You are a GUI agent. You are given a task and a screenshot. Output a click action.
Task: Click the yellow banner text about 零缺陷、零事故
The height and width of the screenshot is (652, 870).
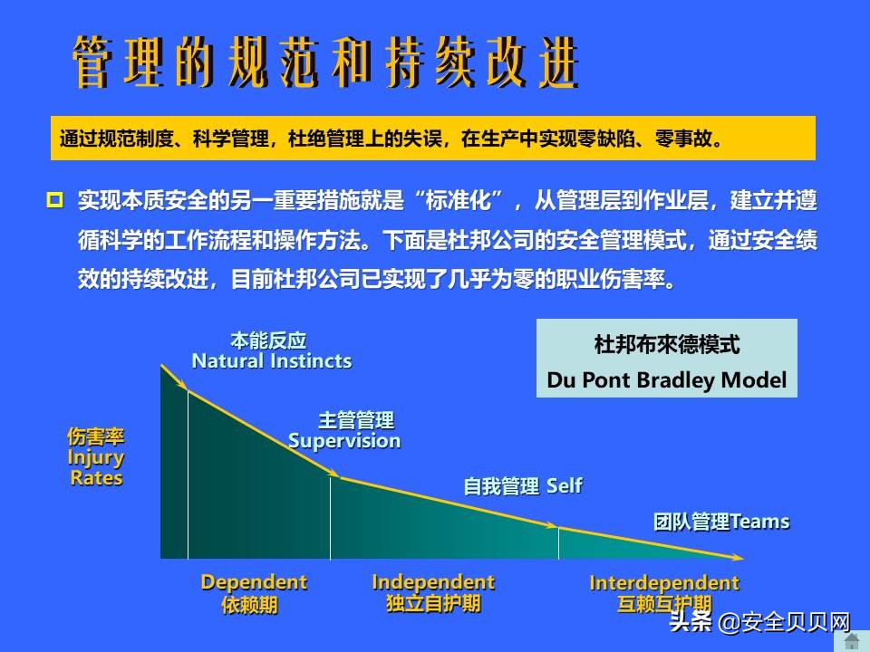(x=391, y=139)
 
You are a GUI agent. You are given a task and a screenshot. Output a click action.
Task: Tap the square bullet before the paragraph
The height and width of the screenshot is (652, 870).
(x=54, y=199)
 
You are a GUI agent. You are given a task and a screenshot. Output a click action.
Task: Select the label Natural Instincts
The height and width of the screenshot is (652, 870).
(x=271, y=361)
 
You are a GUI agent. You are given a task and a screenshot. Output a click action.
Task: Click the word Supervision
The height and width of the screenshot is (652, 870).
(x=344, y=441)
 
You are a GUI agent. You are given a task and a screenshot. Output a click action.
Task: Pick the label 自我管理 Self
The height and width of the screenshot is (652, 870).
(x=522, y=486)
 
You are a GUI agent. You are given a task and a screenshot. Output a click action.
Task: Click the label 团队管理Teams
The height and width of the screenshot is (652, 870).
(x=721, y=523)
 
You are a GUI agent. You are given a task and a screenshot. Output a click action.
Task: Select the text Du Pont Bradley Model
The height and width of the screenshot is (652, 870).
(x=667, y=380)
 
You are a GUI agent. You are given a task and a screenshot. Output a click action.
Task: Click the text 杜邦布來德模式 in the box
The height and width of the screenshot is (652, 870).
(x=667, y=345)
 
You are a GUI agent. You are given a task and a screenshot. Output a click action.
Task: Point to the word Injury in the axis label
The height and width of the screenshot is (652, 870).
(x=96, y=457)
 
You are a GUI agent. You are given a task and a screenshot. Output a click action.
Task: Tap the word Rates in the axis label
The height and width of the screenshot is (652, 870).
(x=96, y=478)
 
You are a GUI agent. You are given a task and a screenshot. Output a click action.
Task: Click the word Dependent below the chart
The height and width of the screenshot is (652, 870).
(x=254, y=582)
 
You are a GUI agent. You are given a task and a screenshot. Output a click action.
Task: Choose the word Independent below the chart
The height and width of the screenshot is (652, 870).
(x=433, y=582)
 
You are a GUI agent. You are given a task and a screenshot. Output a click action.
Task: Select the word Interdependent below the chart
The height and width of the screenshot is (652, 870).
(x=664, y=583)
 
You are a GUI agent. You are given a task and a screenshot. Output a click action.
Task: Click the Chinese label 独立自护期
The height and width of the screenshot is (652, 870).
(x=433, y=604)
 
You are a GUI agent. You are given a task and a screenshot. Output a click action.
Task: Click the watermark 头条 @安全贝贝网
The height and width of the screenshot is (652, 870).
(x=759, y=624)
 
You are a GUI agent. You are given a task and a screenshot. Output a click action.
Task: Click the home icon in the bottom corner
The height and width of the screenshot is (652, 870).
(x=852, y=641)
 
